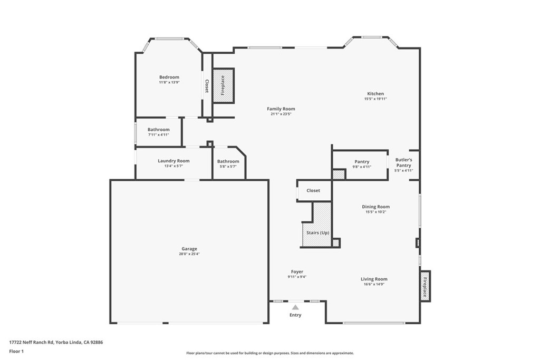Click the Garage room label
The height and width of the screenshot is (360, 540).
point(189,249)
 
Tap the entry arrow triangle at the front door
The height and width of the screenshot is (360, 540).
point(295,307)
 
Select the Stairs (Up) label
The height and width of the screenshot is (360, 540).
point(317,232)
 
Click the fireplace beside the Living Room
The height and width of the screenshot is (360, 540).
point(425,285)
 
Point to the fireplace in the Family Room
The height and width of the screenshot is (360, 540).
point(223,85)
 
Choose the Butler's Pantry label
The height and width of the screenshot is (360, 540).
point(403,162)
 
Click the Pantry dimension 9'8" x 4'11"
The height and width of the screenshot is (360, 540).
point(362,167)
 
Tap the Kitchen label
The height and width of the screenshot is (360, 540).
point(375,94)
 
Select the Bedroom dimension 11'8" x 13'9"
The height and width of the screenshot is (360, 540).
point(169,82)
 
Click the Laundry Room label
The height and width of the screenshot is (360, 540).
point(173,161)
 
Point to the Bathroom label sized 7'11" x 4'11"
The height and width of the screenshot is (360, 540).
point(158,130)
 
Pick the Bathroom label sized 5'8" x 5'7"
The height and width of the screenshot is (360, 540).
point(228,161)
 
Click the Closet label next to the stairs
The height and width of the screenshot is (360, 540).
point(313,190)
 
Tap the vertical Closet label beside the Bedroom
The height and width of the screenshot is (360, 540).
point(207,86)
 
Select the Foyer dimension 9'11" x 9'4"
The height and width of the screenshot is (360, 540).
point(297,277)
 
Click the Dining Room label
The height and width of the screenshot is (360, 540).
point(375,207)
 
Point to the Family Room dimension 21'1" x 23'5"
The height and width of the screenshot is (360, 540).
point(281,114)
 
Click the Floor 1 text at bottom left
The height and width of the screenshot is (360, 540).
point(16,351)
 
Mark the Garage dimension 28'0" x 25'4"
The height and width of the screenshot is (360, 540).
point(189,254)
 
